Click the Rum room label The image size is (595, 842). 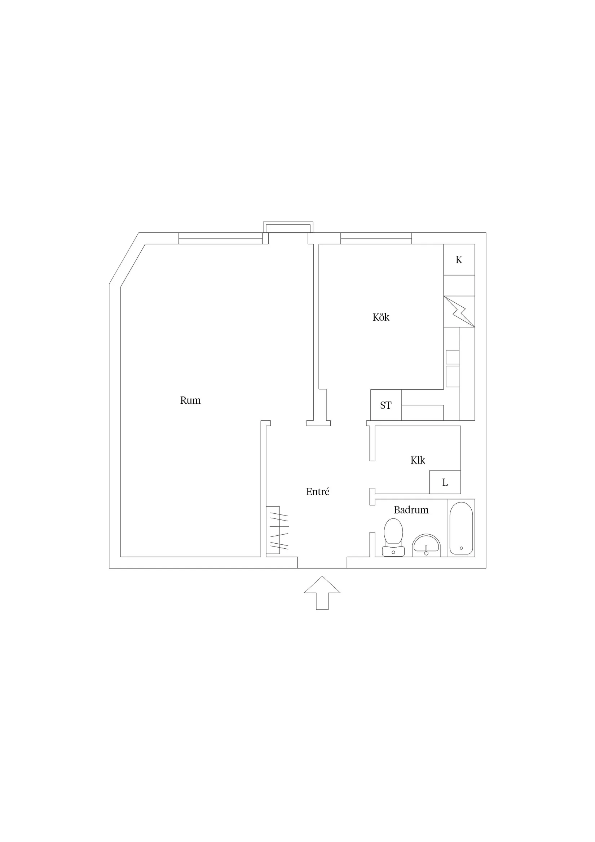click(x=190, y=400)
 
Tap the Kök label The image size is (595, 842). click(x=381, y=317)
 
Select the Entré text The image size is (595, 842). click(x=317, y=492)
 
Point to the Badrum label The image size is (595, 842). click(x=411, y=510)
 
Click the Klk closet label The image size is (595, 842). click(x=418, y=460)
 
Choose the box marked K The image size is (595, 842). click(x=459, y=260)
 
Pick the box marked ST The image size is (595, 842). click(x=386, y=405)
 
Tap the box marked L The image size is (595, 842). click(x=445, y=483)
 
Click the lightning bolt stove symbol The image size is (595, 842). click(x=459, y=312)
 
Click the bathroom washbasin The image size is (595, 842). click(x=426, y=544)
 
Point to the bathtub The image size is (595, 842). click(x=461, y=528)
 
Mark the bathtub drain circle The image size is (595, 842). click(x=461, y=548)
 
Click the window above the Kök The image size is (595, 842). click(x=376, y=238)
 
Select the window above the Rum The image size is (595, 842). click(x=221, y=238)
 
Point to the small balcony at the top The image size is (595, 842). click(x=288, y=227)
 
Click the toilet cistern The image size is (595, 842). click(x=393, y=551)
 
